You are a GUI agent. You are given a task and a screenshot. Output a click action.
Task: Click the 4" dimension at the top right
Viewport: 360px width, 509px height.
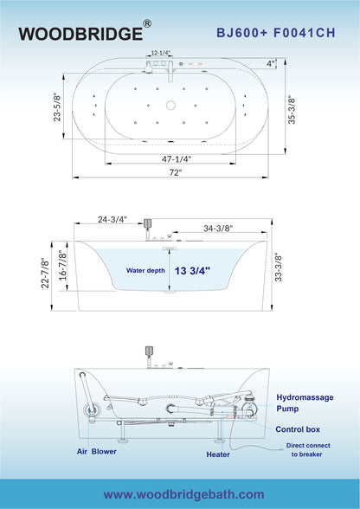270,63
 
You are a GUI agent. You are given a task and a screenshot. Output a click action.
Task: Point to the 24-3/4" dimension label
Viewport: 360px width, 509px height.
112,220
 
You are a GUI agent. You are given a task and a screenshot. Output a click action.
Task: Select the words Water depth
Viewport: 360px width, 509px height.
145,269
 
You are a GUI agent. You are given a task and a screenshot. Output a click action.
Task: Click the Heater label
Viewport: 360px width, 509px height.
218,454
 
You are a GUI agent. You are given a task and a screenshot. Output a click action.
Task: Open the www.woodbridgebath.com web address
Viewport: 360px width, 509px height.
184,493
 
